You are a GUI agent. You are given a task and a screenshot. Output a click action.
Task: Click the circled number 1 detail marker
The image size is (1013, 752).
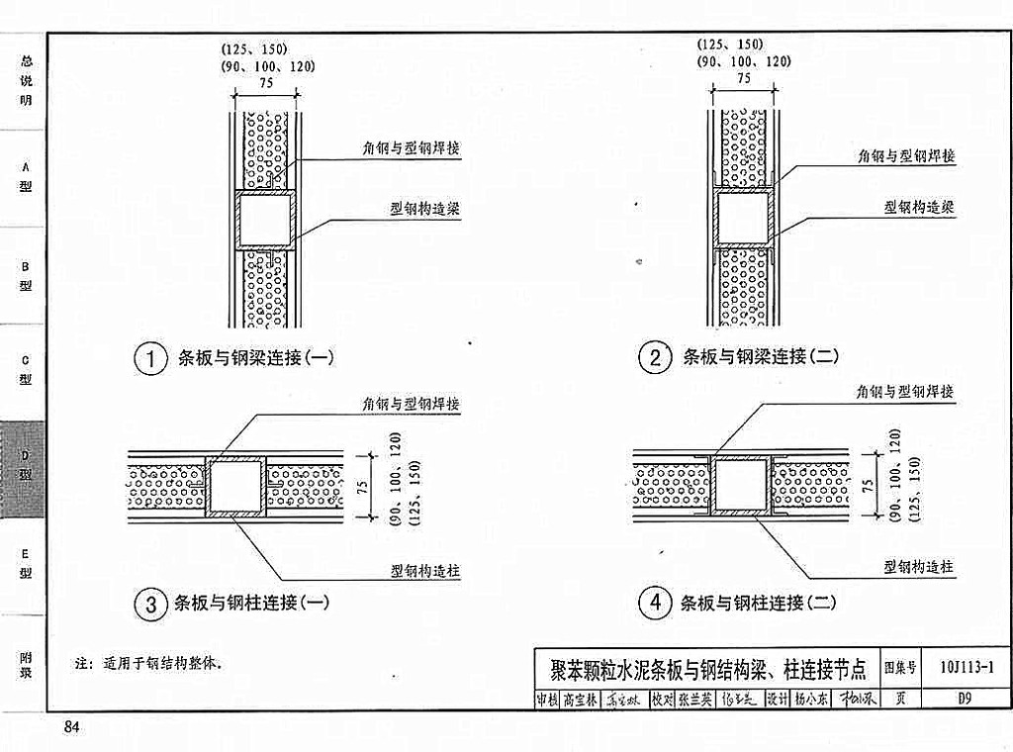pos(150,359)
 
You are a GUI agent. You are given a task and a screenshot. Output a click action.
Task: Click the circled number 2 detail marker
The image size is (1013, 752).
pos(655,357)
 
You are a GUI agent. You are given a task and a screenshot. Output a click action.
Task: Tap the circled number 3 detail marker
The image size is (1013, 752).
pos(150,604)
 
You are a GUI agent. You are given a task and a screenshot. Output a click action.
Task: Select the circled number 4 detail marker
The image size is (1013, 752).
pos(655,603)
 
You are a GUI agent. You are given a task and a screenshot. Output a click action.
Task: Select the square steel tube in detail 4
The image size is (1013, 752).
pos(743,486)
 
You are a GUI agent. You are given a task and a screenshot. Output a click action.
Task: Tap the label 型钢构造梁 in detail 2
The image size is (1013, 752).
pos(918,208)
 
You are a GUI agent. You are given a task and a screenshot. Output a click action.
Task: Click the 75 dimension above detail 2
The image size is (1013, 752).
pos(743,77)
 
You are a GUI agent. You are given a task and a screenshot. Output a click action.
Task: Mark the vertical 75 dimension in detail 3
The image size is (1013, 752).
pos(362,485)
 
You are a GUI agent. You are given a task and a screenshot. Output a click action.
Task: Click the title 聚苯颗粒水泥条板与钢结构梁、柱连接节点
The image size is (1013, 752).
pos(707,670)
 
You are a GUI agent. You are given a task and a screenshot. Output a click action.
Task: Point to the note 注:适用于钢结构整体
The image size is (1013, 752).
pos(147,663)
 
